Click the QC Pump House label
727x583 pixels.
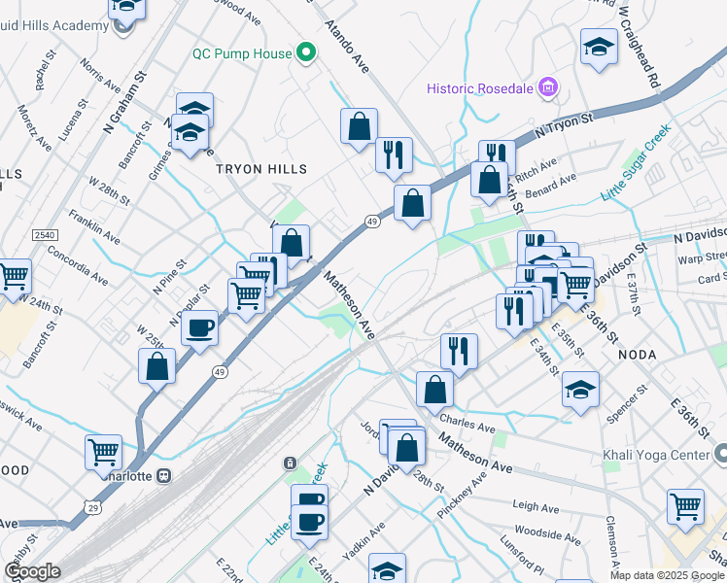(241, 53)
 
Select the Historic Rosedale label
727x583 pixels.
(482, 89)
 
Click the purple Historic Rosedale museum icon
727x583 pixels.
(549, 89)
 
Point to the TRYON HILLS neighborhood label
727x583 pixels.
(260, 169)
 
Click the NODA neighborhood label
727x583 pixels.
(639, 356)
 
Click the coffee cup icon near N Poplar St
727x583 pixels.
(199, 327)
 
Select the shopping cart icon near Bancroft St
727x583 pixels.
(14, 277)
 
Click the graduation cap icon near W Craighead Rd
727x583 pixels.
(599, 46)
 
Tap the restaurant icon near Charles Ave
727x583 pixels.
(459, 351)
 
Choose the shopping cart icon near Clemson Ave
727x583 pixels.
(685, 505)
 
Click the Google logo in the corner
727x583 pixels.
(32, 571)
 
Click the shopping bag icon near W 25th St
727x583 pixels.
(157, 367)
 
